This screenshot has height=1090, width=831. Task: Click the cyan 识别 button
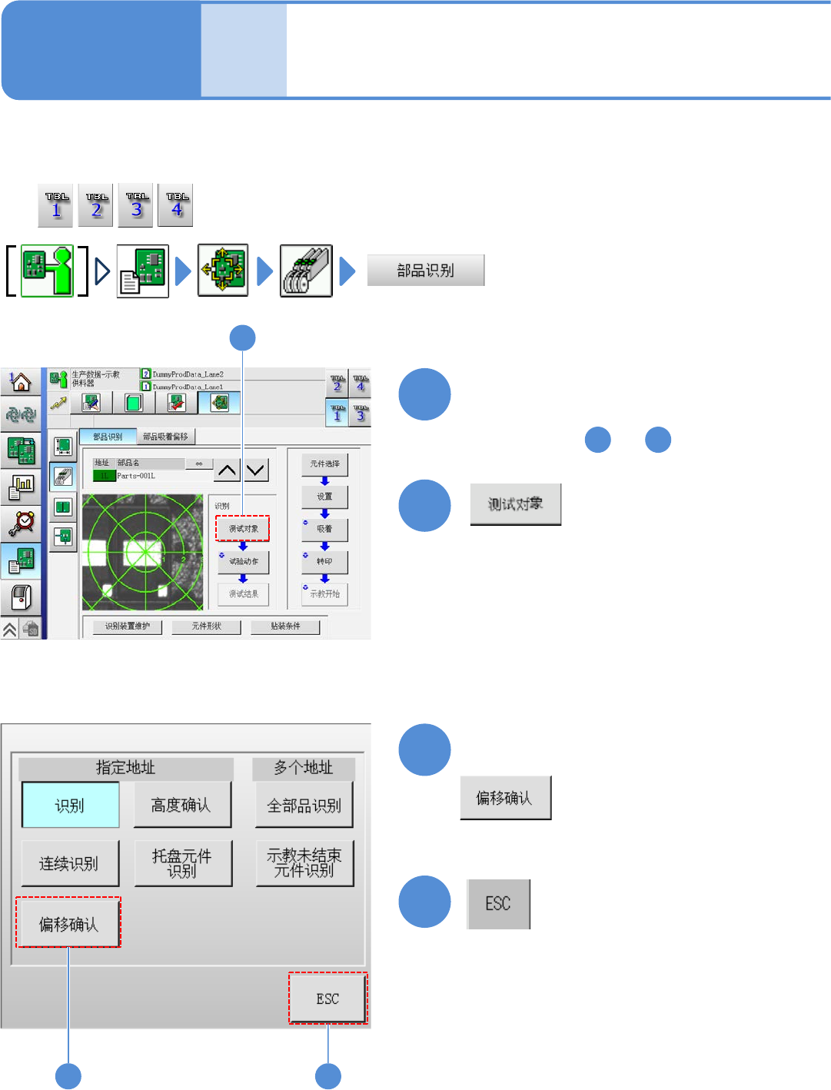[70, 805]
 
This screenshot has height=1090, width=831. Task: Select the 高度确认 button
[182, 805]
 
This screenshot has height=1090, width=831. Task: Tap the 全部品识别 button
[304, 805]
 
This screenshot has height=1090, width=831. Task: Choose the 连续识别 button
[70, 863]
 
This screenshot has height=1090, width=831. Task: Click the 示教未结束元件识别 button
[304, 863]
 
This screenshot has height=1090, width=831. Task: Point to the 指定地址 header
[125, 768]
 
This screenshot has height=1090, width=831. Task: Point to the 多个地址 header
[304, 768]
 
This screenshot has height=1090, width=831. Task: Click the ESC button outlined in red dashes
[328, 999]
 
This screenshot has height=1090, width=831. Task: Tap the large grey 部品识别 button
[426, 271]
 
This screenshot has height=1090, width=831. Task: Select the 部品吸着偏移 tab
[165, 437]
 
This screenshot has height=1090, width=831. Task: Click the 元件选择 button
[324, 464]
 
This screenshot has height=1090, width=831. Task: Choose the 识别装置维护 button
[128, 626]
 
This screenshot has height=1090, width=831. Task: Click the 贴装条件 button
[285, 626]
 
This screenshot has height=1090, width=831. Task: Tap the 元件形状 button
[207, 626]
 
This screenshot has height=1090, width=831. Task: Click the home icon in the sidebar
[21, 382]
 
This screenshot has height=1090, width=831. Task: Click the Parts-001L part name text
[136, 476]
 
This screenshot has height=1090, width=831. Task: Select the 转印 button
[324, 562]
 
